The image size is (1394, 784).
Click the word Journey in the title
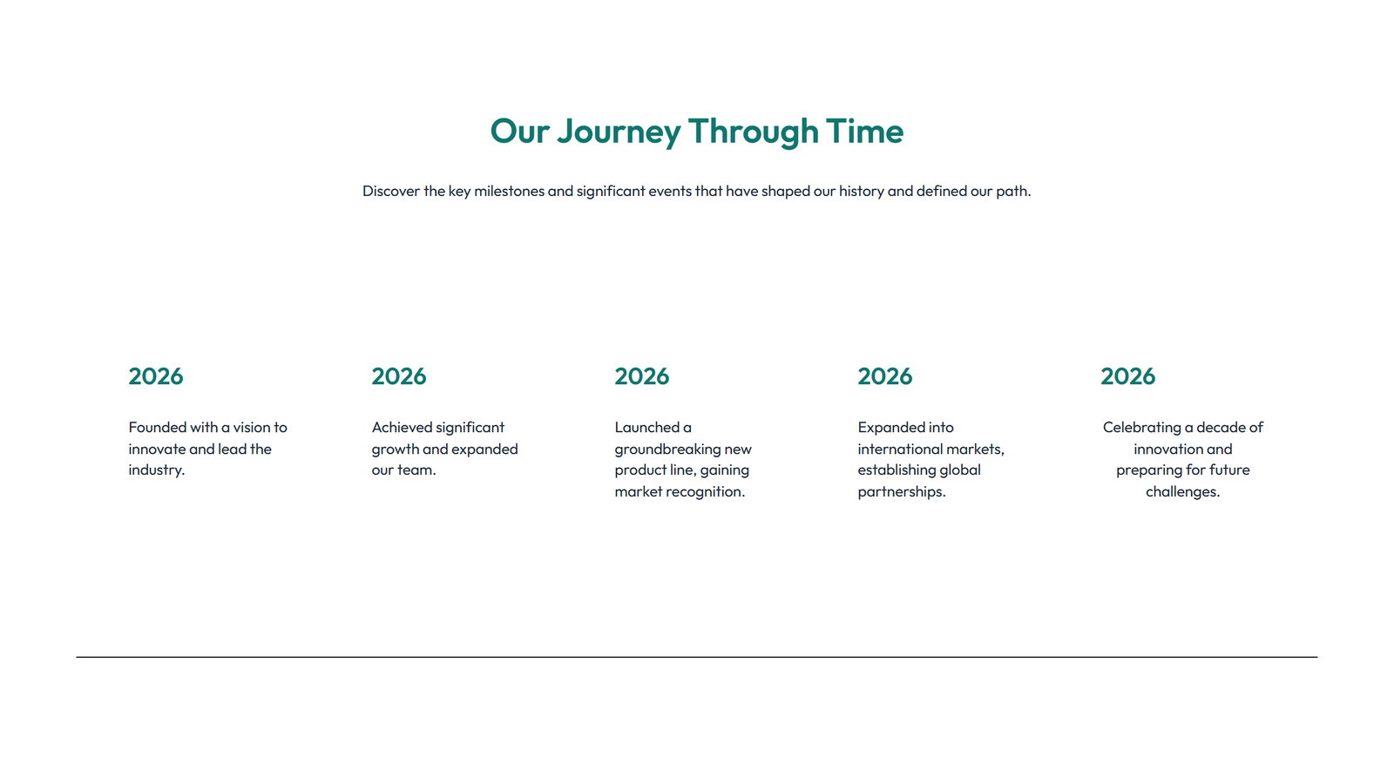click(x=619, y=132)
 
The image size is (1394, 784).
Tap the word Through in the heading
click(x=754, y=132)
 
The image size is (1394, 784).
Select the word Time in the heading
click(x=864, y=132)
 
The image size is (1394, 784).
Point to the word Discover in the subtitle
click(x=391, y=191)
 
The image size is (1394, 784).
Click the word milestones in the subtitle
click(x=509, y=191)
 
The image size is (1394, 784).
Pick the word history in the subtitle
click(x=862, y=191)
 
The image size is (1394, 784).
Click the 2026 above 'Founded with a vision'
click(x=156, y=376)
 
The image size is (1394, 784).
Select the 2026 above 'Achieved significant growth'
click(x=399, y=376)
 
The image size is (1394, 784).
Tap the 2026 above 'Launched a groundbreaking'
click(x=642, y=376)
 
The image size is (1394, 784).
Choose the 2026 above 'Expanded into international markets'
click(x=885, y=376)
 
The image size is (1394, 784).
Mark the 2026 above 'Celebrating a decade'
click(x=1128, y=376)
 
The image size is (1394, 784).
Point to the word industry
click(x=157, y=470)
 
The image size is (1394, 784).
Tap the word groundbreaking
click(x=667, y=449)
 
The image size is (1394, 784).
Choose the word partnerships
click(x=901, y=492)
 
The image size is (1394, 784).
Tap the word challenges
click(x=1182, y=492)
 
